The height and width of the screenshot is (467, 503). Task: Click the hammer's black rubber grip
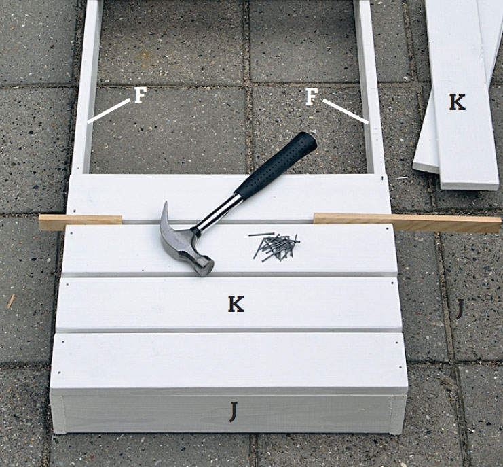click(276, 164)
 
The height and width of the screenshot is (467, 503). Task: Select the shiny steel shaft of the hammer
click(218, 213)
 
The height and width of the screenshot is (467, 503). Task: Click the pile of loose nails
click(275, 246)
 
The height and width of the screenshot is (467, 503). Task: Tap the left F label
click(140, 95)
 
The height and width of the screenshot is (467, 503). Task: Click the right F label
click(311, 97)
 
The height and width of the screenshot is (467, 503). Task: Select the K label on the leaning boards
click(457, 103)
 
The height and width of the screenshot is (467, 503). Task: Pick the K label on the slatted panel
click(236, 304)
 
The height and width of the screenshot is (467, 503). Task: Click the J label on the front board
click(234, 412)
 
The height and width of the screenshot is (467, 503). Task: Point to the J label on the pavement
click(460, 309)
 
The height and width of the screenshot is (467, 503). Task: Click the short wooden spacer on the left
click(80, 222)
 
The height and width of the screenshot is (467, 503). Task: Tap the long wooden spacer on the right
click(407, 222)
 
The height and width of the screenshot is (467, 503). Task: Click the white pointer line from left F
click(109, 111)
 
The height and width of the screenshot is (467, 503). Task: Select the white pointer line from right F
click(346, 111)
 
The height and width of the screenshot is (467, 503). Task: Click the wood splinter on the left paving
click(11, 302)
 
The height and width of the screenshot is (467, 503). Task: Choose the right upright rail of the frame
click(370, 87)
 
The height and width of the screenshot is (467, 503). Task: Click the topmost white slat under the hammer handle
click(229, 197)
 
